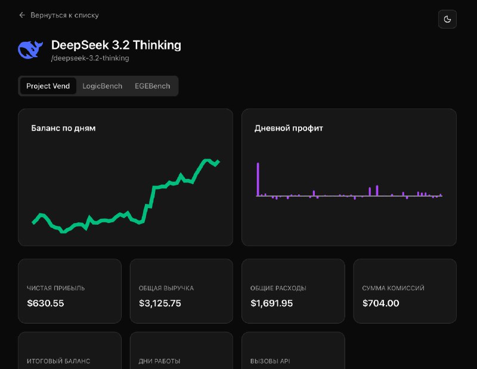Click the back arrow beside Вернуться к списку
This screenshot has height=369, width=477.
click(22, 15)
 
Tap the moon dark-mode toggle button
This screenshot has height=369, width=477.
click(447, 19)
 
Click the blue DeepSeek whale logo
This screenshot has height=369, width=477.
click(30, 50)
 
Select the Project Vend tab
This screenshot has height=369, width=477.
click(48, 86)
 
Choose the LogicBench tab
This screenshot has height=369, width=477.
click(102, 86)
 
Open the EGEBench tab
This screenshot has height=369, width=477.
click(152, 86)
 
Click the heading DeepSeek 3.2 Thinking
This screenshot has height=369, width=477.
click(116, 45)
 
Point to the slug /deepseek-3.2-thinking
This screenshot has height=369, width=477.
click(90, 58)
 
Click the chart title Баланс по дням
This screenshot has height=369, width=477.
click(63, 128)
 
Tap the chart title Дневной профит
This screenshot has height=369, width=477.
click(289, 128)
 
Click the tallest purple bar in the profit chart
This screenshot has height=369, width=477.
click(258, 179)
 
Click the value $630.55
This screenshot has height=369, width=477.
click(45, 303)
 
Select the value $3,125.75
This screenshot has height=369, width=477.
click(160, 303)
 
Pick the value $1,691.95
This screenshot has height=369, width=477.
click(271, 303)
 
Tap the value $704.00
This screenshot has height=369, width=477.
click(380, 303)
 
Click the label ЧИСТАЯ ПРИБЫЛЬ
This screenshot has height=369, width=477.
click(56, 288)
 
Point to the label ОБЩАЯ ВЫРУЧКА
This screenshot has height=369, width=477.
click(166, 288)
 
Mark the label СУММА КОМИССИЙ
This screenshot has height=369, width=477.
click(393, 288)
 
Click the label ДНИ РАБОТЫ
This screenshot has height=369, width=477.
click(159, 361)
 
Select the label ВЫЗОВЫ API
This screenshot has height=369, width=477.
click(270, 361)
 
